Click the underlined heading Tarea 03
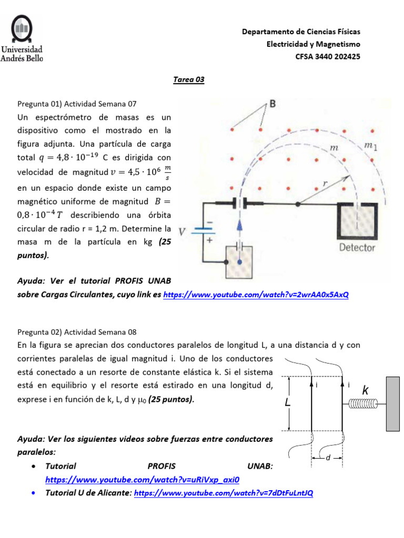(x=189, y=80)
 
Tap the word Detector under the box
(x=357, y=247)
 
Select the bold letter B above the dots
(x=273, y=104)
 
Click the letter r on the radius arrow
(x=325, y=183)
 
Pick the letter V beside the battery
(x=182, y=231)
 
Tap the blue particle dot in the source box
(x=240, y=261)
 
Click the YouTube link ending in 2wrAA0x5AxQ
(x=256, y=295)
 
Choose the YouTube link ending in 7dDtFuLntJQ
(x=224, y=493)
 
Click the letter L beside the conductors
(x=288, y=403)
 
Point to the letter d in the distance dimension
(x=327, y=458)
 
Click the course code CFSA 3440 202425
(x=328, y=57)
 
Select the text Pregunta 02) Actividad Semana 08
(x=77, y=332)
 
